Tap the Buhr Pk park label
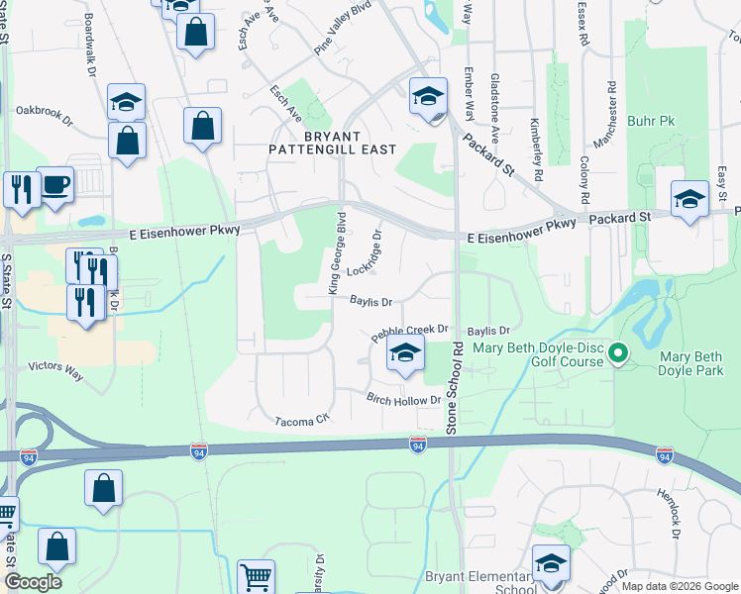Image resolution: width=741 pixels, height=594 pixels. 650,122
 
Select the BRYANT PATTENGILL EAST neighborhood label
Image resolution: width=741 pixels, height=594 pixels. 332,142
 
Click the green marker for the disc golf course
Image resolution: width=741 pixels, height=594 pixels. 619,352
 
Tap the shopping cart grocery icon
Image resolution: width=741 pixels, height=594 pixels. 257,576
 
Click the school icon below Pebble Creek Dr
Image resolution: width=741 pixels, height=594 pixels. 405,353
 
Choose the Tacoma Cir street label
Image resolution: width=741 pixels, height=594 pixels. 300,421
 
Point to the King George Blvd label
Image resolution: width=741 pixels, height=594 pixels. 336,251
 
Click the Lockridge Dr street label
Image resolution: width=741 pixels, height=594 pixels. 365,254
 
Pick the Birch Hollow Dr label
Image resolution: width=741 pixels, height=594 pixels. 403,399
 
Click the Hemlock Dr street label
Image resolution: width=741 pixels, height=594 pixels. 670,511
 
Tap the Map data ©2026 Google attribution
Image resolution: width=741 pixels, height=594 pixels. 680,586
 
